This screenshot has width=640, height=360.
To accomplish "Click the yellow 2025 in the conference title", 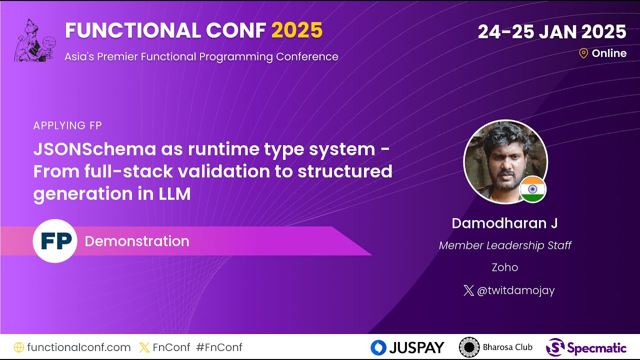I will (297, 31).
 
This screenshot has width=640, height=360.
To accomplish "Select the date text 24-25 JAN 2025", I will (551, 32).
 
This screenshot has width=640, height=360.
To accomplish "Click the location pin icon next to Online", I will (583, 53).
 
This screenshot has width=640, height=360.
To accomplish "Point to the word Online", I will (609, 53).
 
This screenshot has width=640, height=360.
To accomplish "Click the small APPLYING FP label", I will (67, 126).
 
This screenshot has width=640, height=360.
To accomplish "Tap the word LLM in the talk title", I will (175, 193).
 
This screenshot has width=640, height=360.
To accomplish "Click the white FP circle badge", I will (55, 241).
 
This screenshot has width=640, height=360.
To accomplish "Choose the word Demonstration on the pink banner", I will (137, 241).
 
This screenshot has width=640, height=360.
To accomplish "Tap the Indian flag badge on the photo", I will (532, 189).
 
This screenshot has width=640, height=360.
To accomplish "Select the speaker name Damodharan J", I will (504, 223).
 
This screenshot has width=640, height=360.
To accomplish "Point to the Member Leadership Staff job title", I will (504, 245).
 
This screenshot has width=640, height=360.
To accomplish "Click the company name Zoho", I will (504, 267).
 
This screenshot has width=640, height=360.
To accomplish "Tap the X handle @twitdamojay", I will (515, 290).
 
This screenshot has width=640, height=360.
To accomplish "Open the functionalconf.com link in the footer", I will (78, 347).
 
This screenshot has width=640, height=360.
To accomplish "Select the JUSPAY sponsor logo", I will (407, 347).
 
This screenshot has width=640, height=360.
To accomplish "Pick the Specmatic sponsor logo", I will (585, 347).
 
